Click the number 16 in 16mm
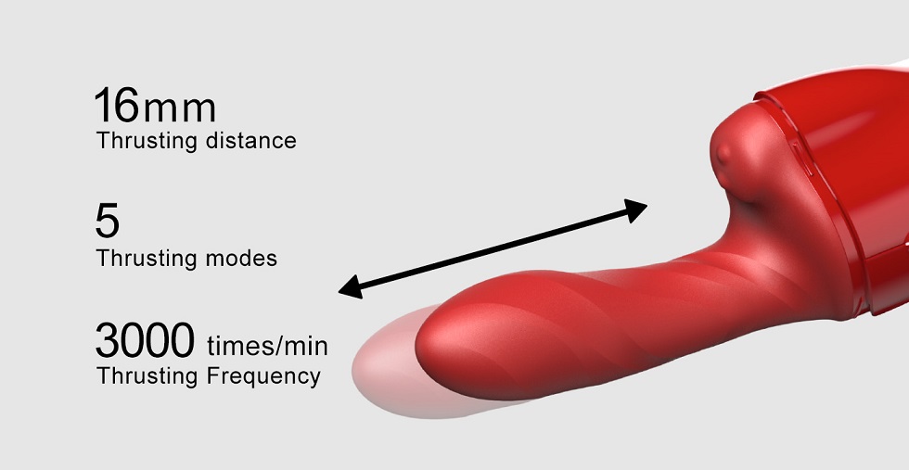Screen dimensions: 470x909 117,107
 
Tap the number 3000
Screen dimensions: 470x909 145,340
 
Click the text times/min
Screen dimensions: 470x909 267,347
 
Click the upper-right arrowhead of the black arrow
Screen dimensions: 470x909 636,209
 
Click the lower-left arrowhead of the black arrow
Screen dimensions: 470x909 351,290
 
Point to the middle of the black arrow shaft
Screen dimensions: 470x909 493,249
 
